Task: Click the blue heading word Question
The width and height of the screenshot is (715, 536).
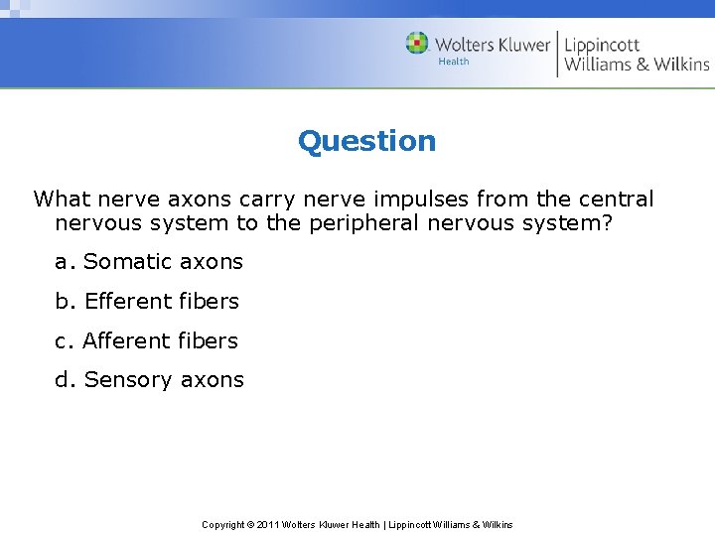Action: (x=366, y=141)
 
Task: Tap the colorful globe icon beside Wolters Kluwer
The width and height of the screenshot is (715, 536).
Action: (x=417, y=43)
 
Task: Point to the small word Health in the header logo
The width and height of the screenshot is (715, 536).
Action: (x=454, y=62)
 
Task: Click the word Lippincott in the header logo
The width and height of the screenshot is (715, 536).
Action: (x=602, y=44)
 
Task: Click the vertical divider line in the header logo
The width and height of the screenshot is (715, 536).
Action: (x=557, y=54)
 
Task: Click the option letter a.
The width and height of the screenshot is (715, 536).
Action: (x=62, y=262)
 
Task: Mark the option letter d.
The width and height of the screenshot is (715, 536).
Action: (x=63, y=379)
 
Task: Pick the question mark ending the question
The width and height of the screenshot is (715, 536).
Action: (x=608, y=223)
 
